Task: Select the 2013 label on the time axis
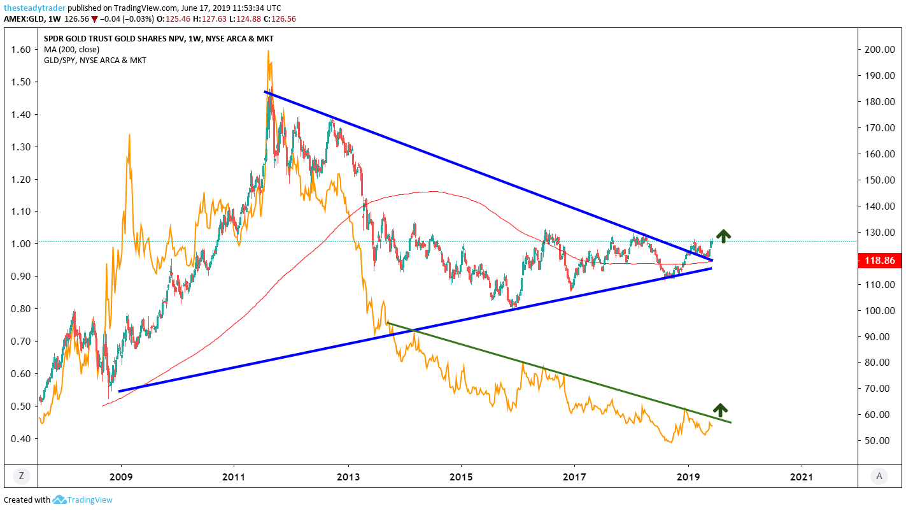point(348,476)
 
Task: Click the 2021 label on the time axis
point(801,476)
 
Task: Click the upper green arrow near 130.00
point(723,235)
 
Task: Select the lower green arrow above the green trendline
point(719,410)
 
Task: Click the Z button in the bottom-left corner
point(21,475)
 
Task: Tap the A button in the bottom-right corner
point(879,475)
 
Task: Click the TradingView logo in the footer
point(83,500)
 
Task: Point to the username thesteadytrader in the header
point(33,8)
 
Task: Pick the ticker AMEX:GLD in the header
point(24,19)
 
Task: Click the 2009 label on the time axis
point(120,476)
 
